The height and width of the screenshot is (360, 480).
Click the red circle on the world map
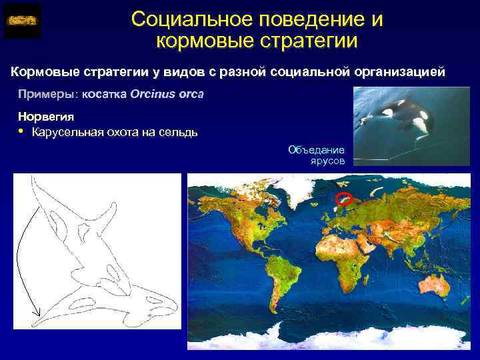click(343, 197)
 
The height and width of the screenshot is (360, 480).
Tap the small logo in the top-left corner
click(22, 21)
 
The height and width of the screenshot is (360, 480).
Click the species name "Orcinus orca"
click(167, 94)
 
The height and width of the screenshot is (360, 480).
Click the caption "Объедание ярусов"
click(317, 155)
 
